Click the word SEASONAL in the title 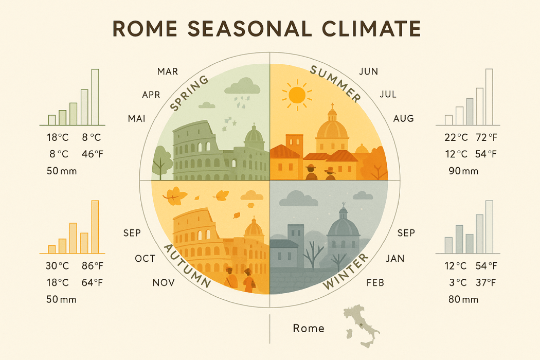pos(249,28)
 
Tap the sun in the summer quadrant pos(297,95)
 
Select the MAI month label pos(137,119)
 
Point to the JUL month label pos(388,95)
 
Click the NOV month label pos(164,283)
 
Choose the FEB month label pos(375,283)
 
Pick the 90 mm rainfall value pos(463,171)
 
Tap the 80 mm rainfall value pos(463,299)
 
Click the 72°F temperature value pos(487,137)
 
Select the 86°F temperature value pos(93,266)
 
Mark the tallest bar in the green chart pos(95,97)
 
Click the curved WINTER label pos(346,272)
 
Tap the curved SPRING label pos(189,94)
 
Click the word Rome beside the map pos(309,328)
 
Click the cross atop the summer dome pos(332,105)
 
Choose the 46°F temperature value pos(93,154)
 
